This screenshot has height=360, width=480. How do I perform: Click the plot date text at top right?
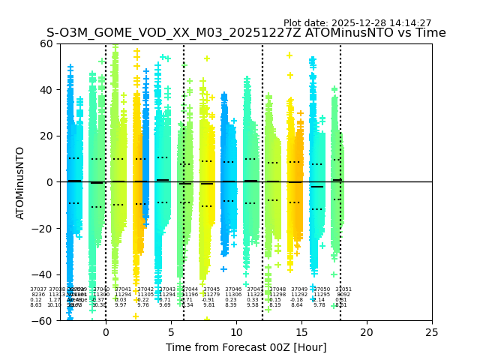(357, 23)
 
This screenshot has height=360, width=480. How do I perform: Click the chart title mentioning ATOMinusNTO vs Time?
(246, 33)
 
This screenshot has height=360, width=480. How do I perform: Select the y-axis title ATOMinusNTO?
(20, 182)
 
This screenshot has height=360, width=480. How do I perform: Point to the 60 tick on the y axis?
(44, 43)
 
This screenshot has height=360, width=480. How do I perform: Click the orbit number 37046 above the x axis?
(233, 289)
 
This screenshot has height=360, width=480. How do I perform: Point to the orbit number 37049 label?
(299, 289)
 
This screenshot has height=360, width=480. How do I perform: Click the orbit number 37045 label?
(211, 289)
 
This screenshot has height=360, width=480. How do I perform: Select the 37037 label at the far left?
(38, 289)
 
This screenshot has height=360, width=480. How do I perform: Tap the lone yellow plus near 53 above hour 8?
(207, 58)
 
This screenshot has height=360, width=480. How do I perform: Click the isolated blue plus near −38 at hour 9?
(223, 269)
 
